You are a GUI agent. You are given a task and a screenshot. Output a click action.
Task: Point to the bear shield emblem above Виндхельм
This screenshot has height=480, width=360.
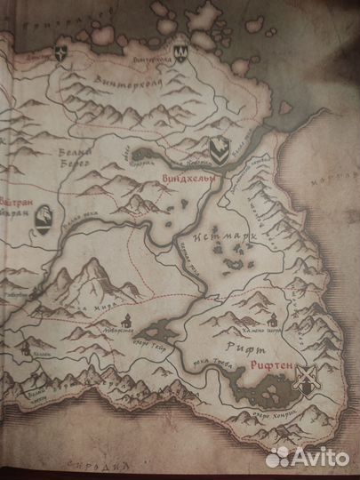pos(215,146)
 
